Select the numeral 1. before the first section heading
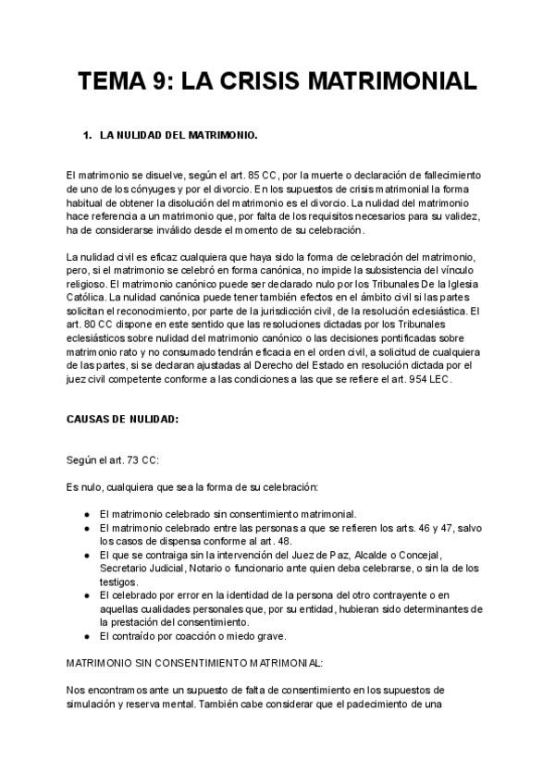click(88, 136)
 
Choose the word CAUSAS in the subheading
click(90, 419)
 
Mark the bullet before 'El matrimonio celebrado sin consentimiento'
click(86, 514)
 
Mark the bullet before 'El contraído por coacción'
click(86, 636)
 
